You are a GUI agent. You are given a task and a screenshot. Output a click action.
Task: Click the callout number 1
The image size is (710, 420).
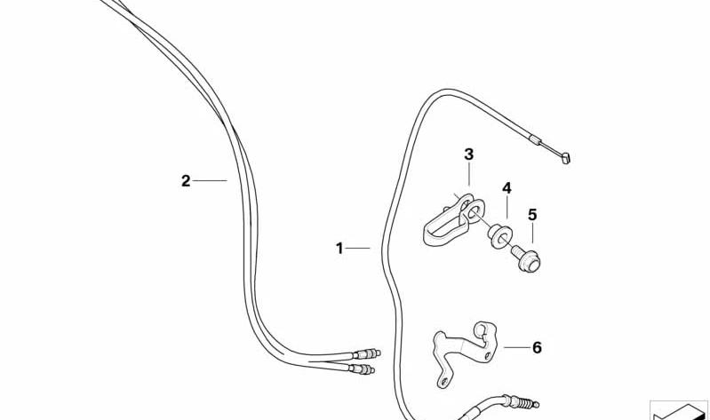point(339,249)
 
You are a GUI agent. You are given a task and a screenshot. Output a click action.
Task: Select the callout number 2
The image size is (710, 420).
point(186,181)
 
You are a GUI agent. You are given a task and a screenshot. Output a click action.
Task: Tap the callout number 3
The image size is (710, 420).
point(468,155)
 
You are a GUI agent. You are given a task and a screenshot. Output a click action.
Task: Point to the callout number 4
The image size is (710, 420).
point(507,188)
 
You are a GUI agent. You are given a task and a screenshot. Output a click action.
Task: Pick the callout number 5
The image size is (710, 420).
point(532,215)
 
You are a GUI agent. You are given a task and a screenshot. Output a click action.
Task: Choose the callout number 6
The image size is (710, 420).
point(537,347)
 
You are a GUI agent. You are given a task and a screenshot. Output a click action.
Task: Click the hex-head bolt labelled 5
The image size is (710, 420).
point(526,258)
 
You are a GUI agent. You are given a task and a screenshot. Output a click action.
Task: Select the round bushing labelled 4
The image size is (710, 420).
point(500,236)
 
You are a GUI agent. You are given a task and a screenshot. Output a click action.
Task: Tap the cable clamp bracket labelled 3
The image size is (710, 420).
point(453,220)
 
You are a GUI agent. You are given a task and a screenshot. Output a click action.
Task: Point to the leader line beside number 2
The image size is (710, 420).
point(210,180)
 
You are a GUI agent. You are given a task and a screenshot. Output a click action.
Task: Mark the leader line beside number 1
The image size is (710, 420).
point(358,248)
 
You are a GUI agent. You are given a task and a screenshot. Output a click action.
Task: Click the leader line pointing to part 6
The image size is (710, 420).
point(516,347)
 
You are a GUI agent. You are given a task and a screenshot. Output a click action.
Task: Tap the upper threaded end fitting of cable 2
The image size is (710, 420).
point(367,353)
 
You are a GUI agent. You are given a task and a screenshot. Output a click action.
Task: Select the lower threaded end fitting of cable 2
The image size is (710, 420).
point(362,369)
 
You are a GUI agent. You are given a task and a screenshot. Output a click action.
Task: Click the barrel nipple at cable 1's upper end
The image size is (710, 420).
point(566,158)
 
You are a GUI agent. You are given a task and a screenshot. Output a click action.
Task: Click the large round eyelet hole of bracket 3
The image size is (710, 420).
point(474,211)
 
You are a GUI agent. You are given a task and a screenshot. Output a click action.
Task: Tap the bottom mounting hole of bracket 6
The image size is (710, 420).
point(444,381)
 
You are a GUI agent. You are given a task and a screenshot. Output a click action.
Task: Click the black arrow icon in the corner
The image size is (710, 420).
point(679,411)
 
